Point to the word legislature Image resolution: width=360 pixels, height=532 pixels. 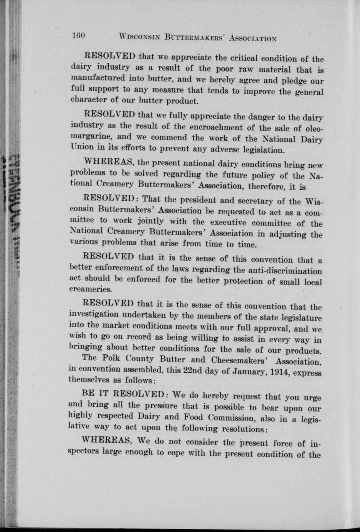pyautogui.click(x=299, y=319)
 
